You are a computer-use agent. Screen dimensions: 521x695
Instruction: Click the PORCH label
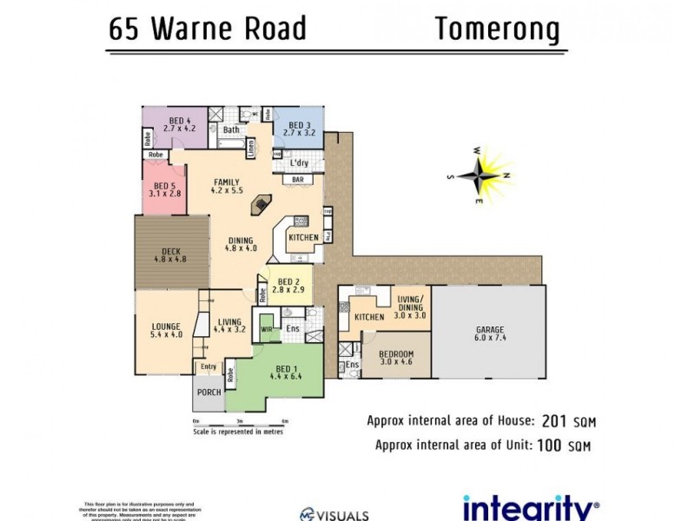(208, 392)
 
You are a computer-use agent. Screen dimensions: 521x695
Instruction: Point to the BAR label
(297, 180)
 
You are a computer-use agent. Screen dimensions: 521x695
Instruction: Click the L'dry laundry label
(298, 163)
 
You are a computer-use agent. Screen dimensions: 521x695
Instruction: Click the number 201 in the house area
(553, 422)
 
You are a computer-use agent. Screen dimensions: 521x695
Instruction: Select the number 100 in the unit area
(546, 446)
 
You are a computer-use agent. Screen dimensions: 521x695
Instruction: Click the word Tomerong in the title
(497, 29)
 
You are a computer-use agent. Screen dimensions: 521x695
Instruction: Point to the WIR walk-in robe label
(267, 329)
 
